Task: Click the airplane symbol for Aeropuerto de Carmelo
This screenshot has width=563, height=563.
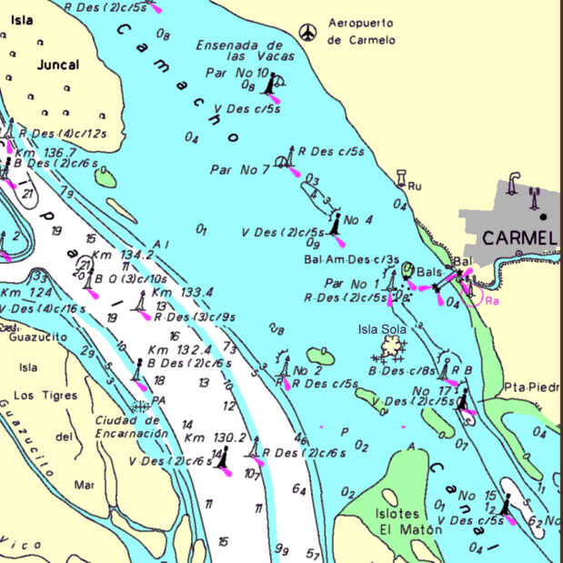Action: pos(309,33)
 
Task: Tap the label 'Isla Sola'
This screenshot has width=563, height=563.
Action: pos(380,328)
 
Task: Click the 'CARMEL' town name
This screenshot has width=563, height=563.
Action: pos(518,238)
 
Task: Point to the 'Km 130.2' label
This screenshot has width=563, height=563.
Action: pos(215,437)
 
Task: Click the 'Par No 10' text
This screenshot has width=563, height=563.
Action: pos(236,73)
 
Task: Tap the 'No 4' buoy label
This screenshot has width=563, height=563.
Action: pos(358,219)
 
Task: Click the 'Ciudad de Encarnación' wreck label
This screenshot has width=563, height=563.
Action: pos(131,427)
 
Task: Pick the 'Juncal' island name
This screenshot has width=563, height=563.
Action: pos(58,65)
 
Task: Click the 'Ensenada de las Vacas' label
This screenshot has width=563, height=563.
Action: pos(240,51)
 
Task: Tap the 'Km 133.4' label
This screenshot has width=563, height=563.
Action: pos(182,292)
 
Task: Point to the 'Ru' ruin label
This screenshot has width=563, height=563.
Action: pos(416,186)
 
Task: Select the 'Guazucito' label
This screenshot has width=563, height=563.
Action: pos(32,336)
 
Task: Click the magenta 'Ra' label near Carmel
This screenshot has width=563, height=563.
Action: pos(492,300)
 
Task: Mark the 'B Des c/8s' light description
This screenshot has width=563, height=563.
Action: pos(401,370)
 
